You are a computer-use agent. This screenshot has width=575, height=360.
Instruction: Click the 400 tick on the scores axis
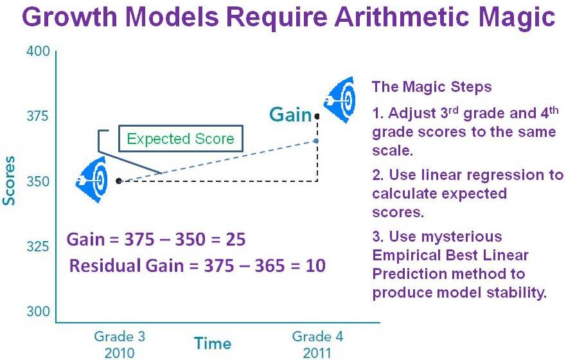38,51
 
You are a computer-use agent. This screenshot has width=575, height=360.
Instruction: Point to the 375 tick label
37,116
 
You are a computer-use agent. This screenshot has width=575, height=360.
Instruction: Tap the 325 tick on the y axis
37,246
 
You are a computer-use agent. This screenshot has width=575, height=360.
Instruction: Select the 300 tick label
38,311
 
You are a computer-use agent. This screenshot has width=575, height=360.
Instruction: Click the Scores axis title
9,181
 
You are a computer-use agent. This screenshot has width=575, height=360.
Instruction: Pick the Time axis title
213,343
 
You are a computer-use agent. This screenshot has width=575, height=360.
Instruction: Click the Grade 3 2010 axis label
119,345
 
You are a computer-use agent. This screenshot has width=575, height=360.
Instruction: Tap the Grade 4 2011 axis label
317,345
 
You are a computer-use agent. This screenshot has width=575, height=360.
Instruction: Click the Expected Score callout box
181,139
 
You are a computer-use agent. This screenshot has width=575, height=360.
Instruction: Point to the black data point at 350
118,181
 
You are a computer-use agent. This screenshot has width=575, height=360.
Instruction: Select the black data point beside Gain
317,116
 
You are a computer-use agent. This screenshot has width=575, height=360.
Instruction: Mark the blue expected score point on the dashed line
316,141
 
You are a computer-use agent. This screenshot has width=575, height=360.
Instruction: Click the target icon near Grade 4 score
339,100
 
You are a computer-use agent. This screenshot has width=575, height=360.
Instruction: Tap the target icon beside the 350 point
92,180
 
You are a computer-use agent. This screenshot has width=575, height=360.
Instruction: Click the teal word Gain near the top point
290,114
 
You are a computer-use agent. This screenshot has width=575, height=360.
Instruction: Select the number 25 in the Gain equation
235,239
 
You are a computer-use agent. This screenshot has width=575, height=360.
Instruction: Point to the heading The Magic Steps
432,87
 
